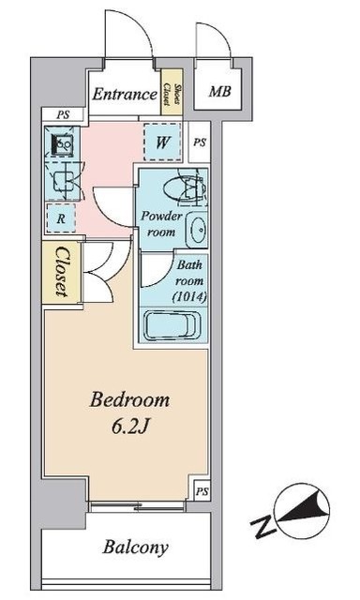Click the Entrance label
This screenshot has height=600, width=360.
[125, 94]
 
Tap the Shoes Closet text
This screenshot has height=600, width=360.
[172, 94]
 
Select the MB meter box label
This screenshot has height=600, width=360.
[219, 92]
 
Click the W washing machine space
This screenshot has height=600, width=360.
[162, 142]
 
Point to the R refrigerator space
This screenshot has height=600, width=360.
[60, 218]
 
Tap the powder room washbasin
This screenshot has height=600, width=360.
[197, 230]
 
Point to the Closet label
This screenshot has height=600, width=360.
[62, 272]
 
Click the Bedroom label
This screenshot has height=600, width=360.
[129, 400]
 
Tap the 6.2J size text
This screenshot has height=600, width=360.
[129, 427]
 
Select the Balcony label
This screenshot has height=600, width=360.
[135, 547]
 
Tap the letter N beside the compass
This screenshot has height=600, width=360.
[263, 527]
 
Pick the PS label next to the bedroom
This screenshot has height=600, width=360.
[202, 491]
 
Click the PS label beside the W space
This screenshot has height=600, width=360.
[200, 142]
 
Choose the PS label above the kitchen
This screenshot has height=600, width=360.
[63, 114]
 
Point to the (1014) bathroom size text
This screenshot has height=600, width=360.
[189, 297]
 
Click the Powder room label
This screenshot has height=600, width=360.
[161, 223]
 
